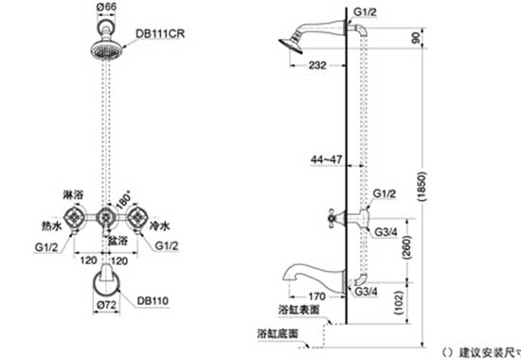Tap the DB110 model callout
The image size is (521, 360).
coord(153,300)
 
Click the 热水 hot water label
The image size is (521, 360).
coord(51,228)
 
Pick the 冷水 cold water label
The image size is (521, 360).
coord(158,227)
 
